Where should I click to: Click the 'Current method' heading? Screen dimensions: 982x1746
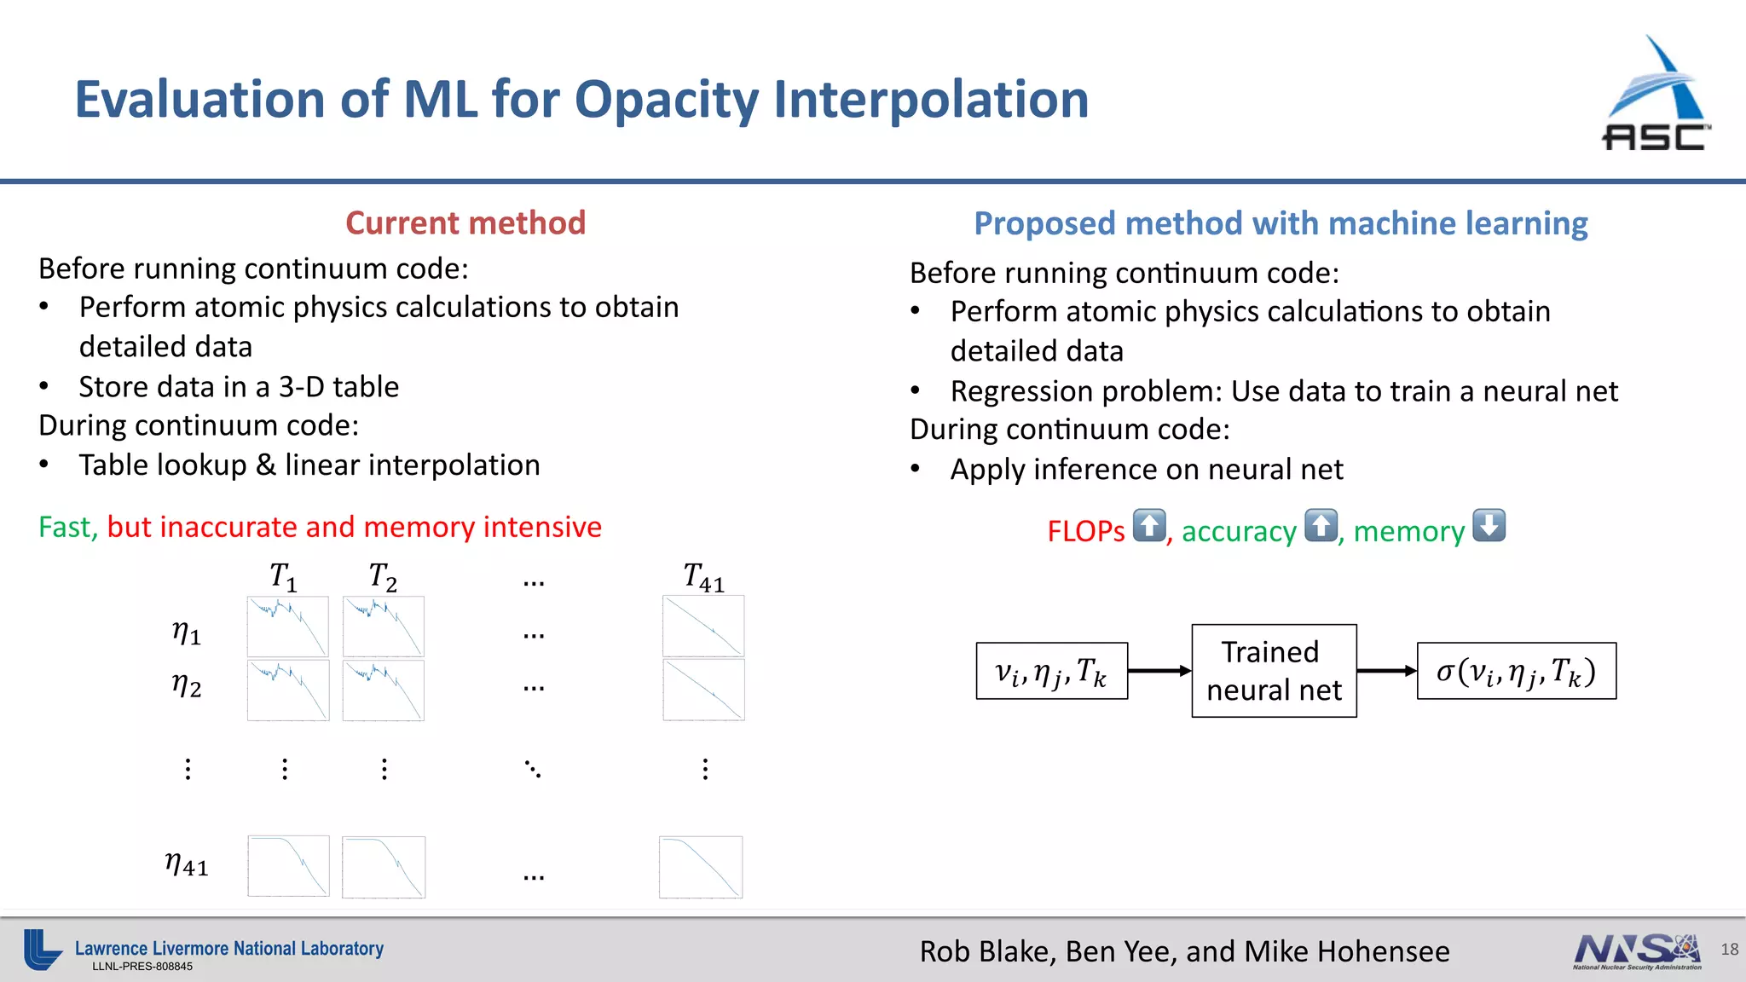point(465,223)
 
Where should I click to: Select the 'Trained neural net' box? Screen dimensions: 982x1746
point(1274,671)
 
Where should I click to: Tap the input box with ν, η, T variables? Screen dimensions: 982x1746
point(1051,671)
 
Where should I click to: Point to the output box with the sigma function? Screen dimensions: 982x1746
point(1516,671)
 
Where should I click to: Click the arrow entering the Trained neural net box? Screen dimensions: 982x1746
point(1159,671)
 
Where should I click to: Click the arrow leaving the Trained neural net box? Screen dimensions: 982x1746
point(1386,671)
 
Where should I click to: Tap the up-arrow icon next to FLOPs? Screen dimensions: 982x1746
point(1149,525)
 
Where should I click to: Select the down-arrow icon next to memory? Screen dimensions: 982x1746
point(1489,525)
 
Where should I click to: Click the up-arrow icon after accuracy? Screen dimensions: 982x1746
point(1321,525)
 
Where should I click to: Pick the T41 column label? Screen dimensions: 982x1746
point(703,578)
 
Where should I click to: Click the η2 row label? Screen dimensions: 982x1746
point(187,685)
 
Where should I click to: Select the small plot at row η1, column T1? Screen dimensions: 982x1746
point(288,627)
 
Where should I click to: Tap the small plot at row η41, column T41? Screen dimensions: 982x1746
point(701,867)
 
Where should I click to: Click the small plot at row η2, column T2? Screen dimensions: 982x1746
point(384,690)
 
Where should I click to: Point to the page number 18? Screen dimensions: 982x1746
point(1729,949)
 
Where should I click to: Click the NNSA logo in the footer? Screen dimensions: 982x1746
point(1637,951)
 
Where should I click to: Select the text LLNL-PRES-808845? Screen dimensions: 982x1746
point(142,967)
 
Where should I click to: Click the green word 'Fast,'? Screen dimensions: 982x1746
point(68,528)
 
